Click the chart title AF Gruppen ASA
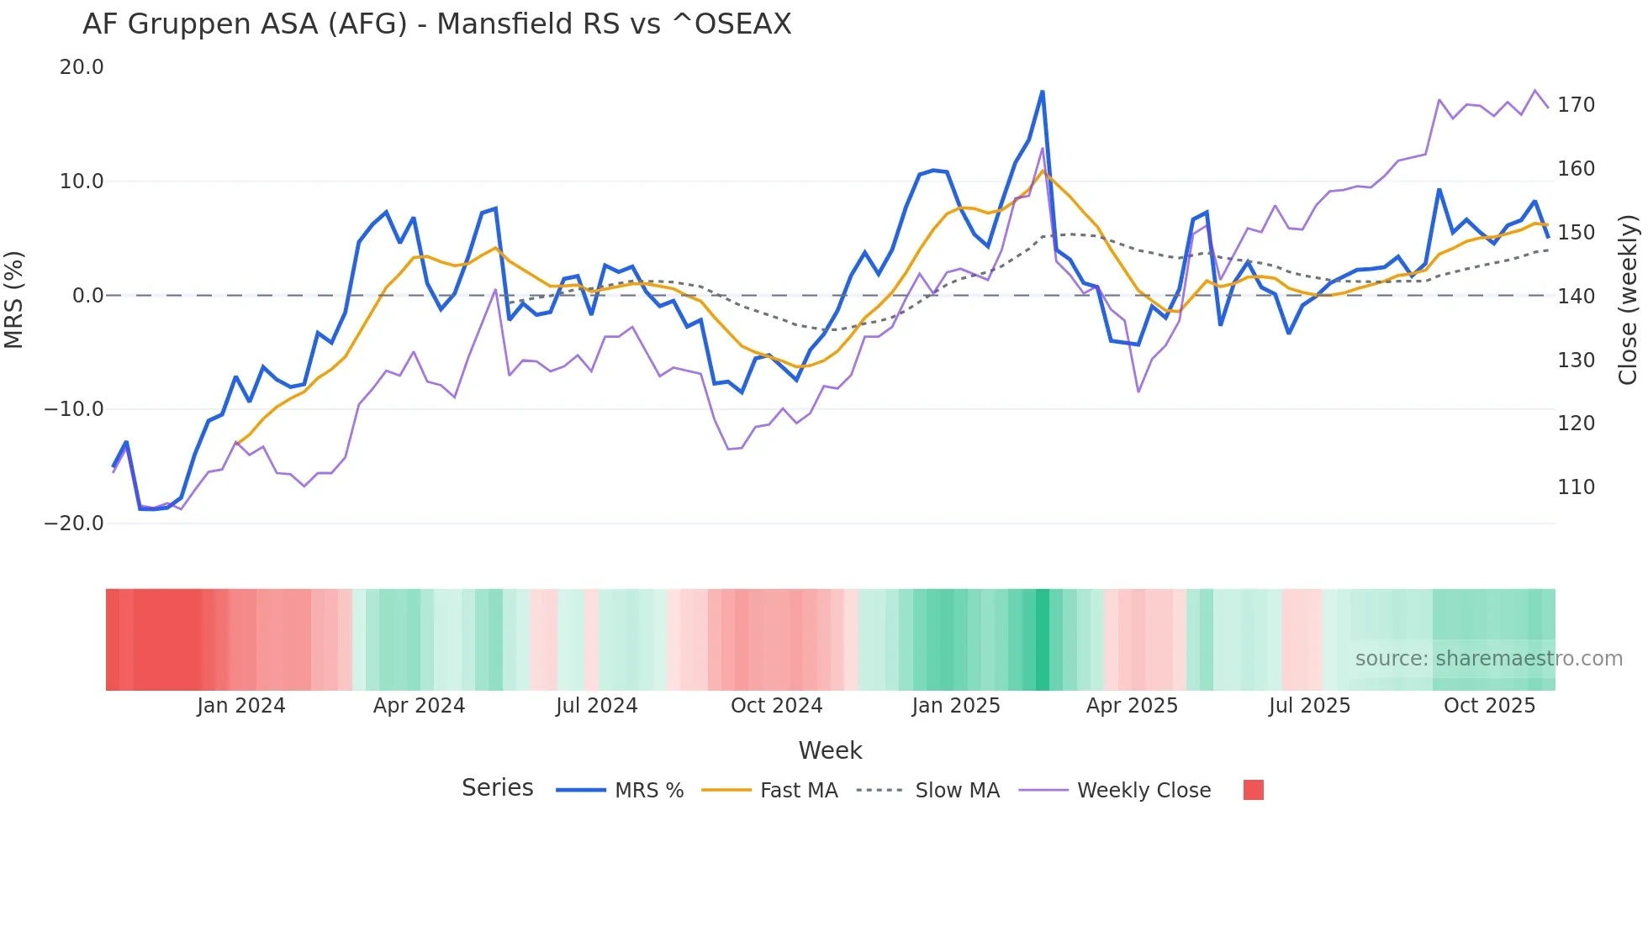pos(436,24)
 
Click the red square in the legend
pos(1253,790)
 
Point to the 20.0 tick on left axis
pos(82,67)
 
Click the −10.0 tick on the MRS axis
pos(74,409)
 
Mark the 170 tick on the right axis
pos(1576,105)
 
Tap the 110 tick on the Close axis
pos(1576,487)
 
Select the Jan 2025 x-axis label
pos(956,706)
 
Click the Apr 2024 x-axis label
pos(419,706)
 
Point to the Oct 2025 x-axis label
pos(1489,706)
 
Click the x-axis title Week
pos(830,750)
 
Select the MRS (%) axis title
pos(14,299)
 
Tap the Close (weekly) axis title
pos(1628,299)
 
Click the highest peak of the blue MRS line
pos(1043,92)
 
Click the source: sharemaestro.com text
pos(1488,659)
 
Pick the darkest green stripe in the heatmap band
pos(1043,639)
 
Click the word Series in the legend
pos(497,788)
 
